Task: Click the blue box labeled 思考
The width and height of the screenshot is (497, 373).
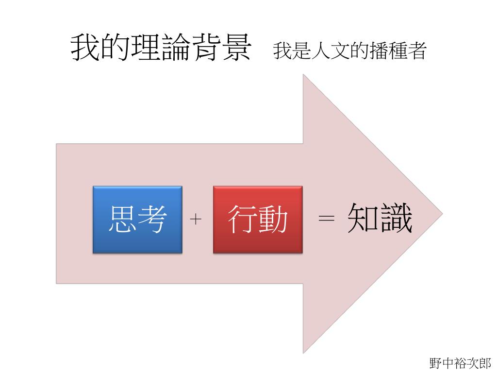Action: (x=137, y=219)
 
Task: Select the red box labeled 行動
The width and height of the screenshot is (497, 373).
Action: (x=257, y=219)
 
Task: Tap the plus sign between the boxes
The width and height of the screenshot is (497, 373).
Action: (x=196, y=220)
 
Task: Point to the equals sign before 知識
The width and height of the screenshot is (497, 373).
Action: (x=326, y=219)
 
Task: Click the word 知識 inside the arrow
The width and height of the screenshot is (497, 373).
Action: (x=380, y=219)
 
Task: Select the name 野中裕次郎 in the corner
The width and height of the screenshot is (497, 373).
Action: (x=460, y=362)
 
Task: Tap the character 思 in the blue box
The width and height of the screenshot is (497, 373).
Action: (x=122, y=219)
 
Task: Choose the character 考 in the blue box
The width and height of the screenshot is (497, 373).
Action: (x=152, y=219)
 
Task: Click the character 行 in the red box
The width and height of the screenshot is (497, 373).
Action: (x=242, y=219)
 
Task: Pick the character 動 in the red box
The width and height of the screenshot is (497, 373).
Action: (x=272, y=219)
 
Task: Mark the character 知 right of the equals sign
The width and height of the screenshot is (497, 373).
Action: (x=363, y=219)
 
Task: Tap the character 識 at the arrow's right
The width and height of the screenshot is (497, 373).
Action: (x=396, y=219)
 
